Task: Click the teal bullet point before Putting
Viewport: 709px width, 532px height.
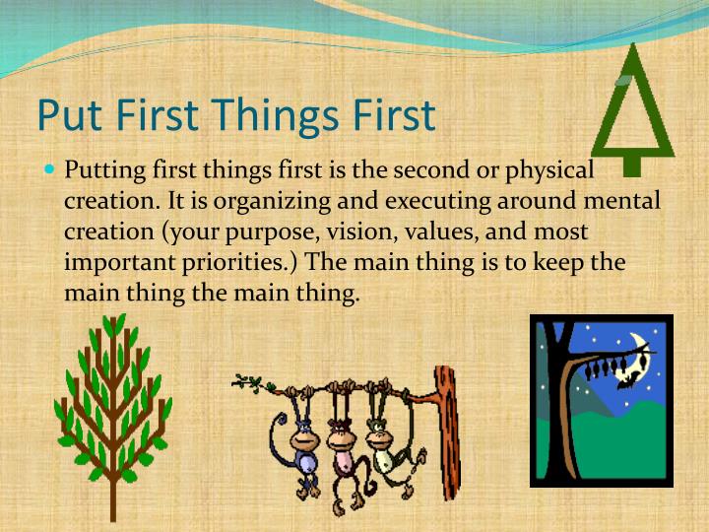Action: pyautogui.click(x=50, y=169)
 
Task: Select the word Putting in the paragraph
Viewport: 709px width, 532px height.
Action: pyautogui.click(x=105, y=171)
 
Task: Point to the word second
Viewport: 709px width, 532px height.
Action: pyautogui.click(x=433, y=170)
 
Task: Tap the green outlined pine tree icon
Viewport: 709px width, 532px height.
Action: pyautogui.click(x=632, y=108)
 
